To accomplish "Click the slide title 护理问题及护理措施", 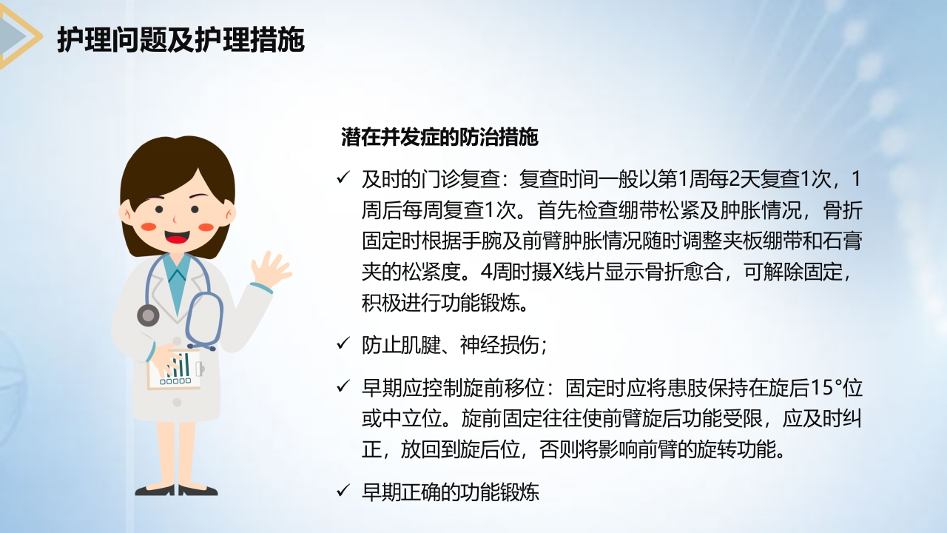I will click(x=181, y=41).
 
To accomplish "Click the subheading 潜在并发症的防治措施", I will click(x=439, y=137).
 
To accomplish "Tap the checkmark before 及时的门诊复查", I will click(x=343, y=178).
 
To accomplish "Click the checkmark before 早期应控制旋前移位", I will click(x=343, y=386).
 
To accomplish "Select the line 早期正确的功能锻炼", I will click(x=450, y=491).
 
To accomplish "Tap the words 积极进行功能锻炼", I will click(x=442, y=304).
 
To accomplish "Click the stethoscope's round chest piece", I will click(x=149, y=315).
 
